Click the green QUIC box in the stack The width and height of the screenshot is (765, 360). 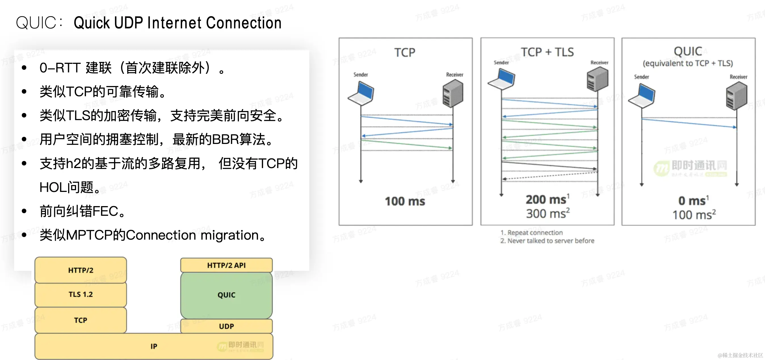click(x=226, y=295)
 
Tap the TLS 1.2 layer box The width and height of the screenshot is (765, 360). click(x=81, y=294)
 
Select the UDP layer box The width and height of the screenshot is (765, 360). click(x=226, y=326)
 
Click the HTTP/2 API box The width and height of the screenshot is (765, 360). click(x=226, y=265)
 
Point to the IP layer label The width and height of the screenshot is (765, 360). click(x=154, y=346)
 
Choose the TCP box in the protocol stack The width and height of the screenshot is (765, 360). click(x=81, y=320)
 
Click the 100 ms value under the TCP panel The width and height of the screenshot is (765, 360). click(x=405, y=201)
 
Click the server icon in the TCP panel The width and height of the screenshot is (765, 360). click(x=453, y=95)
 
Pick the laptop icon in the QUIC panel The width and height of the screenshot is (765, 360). click(x=642, y=96)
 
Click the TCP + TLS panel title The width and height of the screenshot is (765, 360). click(x=547, y=52)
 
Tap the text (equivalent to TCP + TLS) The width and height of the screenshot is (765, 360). click(x=688, y=63)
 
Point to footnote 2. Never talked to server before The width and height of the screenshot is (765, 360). click(x=547, y=240)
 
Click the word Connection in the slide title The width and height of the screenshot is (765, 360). click(x=243, y=23)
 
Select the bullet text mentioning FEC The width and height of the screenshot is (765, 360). click(x=83, y=211)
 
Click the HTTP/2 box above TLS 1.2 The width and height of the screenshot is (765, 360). click(x=81, y=270)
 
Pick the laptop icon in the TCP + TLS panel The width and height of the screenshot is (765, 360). click(x=502, y=79)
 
